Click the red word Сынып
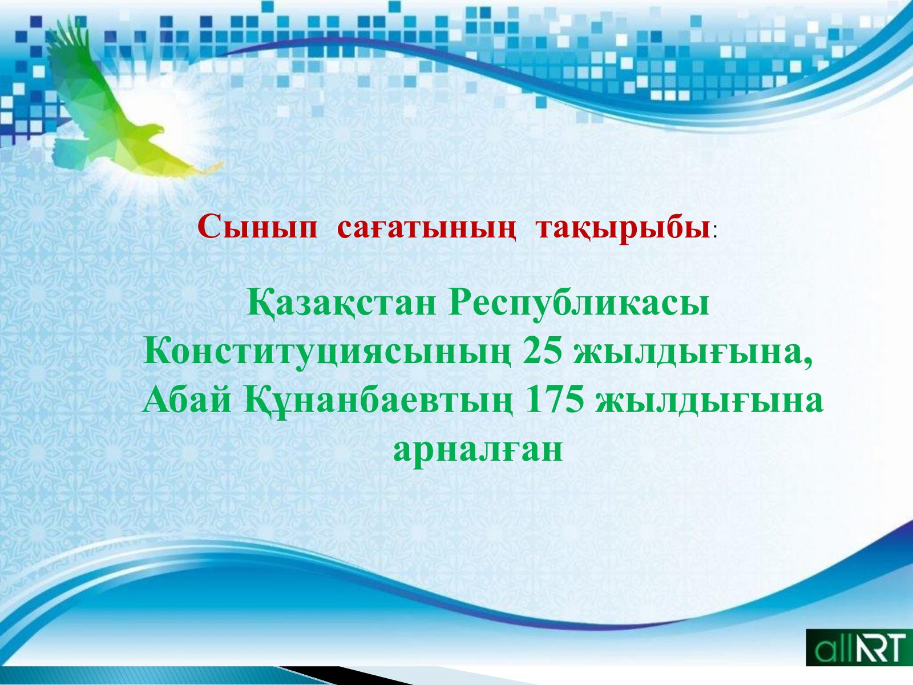[x=257, y=228]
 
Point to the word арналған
[x=478, y=450]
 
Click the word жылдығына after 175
[x=709, y=402]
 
